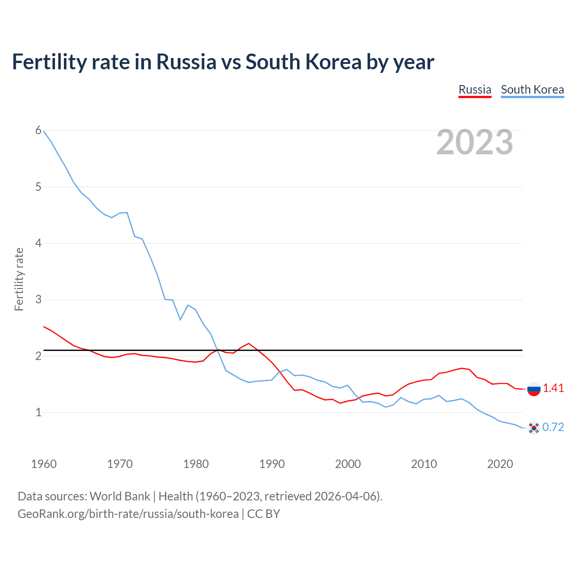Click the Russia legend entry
(475, 90)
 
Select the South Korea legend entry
(532, 90)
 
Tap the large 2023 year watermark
(475, 142)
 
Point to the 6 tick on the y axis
(38, 130)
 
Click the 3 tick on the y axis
(38, 299)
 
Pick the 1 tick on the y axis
(38, 412)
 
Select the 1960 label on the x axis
(44, 464)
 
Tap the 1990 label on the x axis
(272, 464)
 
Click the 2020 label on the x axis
(500, 464)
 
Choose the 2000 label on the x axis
(348, 464)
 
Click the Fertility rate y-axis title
(19, 279)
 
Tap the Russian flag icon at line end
(534, 389)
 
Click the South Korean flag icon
(534, 427)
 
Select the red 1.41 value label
(553, 388)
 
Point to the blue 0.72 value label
(553, 427)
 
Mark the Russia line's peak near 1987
(249, 343)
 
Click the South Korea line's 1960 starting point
(44, 131)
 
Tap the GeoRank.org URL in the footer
(128, 513)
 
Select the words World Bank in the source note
(120, 496)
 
